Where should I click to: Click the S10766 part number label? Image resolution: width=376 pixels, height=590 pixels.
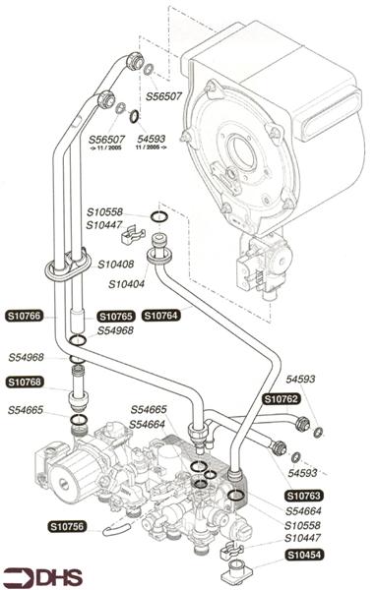[x=25, y=317]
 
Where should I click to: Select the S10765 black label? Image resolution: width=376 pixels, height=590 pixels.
[x=115, y=317]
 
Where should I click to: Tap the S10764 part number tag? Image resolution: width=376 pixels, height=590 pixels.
[x=161, y=317]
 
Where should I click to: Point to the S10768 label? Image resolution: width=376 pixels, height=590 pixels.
[x=25, y=382]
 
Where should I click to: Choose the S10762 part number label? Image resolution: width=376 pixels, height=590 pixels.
[x=281, y=398]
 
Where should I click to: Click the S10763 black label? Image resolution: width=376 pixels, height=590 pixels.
[x=305, y=496]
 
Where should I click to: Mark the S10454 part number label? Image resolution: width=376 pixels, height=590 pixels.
[x=306, y=556]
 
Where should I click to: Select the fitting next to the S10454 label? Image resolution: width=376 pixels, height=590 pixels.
[x=236, y=568]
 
